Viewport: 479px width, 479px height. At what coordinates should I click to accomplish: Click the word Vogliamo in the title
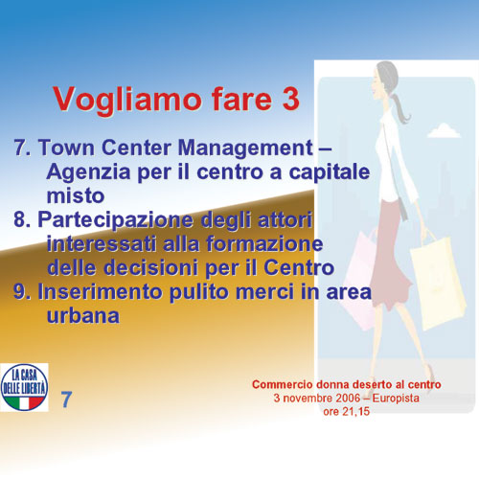pos(127,100)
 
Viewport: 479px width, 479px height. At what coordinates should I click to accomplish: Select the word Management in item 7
pos(245,148)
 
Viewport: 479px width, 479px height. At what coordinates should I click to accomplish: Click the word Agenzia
pos(88,173)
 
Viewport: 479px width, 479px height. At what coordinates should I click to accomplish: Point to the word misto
pos(76,195)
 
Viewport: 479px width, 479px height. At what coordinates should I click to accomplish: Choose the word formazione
pos(264,243)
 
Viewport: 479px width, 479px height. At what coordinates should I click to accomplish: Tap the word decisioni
pos(150,267)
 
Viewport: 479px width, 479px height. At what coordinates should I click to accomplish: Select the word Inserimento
pos(100,291)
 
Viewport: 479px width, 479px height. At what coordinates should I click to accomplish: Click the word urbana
pos(83,315)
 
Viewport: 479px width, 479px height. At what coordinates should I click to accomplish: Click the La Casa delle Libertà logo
pos(24,387)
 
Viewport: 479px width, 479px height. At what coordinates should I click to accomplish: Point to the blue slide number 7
pos(66,399)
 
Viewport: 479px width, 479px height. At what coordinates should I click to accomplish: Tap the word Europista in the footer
pos(396,399)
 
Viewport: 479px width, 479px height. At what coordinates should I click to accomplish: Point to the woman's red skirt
pos(390,256)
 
